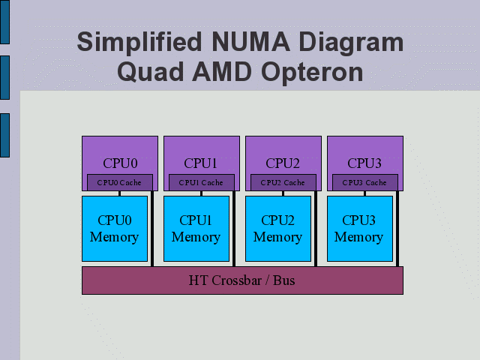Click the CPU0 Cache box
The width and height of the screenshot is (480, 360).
tap(120, 182)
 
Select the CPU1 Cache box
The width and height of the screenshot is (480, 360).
tap(202, 182)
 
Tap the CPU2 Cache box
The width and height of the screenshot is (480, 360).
tap(283, 182)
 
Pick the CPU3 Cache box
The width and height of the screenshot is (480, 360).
tap(365, 182)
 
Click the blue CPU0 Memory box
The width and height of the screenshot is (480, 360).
tap(115, 228)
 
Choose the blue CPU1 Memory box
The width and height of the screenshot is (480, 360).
tap(196, 228)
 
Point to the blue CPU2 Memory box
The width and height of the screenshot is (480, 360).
tap(278, 228)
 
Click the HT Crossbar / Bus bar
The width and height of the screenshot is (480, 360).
tap(242, 280)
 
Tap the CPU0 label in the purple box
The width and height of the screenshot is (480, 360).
tap(119, 163)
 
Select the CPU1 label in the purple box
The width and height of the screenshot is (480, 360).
tap(201, 163)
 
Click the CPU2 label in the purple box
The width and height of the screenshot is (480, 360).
tap(283, 163)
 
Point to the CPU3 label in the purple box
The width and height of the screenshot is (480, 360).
tap(364, 163)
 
